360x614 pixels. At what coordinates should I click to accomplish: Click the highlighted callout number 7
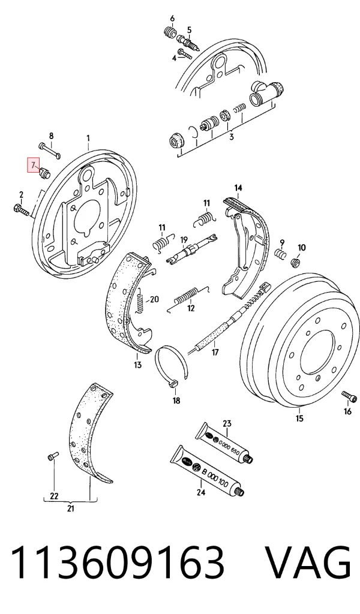tap(33, 164)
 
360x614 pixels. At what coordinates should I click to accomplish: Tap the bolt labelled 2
tap(21, 209)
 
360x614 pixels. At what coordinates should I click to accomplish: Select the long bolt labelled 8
tap(50, 151)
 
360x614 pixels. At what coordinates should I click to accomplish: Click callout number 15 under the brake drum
tap(299, 418)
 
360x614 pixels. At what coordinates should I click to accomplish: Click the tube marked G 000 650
tap(224, 444)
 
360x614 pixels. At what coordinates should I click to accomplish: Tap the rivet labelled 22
tap(52, 456)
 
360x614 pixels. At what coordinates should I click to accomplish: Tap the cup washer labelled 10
tap(296, 261)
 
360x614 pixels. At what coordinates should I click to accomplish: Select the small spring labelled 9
tap(280, 254)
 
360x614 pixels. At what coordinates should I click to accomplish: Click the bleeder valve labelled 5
tap(188, 43)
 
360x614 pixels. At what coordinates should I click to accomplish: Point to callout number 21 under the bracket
tap(71, 508)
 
